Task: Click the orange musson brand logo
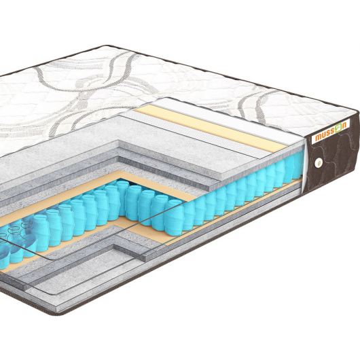[x=331, y=132]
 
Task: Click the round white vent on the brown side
[x=319, y=163]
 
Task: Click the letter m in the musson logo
[x=318, y=138]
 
